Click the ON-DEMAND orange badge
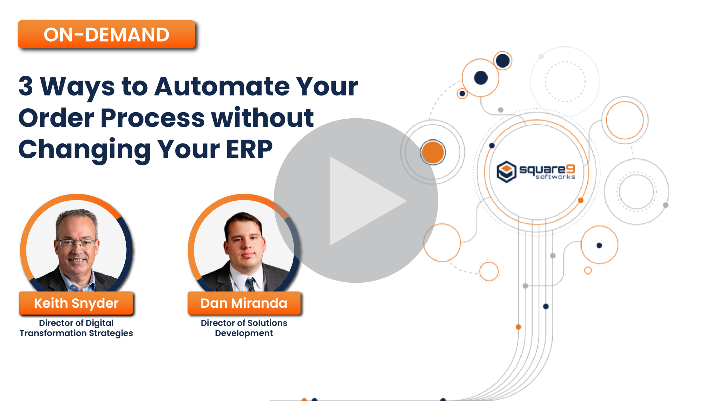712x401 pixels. click(106, 35)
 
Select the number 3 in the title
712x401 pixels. click(26, 86)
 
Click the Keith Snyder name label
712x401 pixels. click(76, 303)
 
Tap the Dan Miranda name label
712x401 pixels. click(244, 303)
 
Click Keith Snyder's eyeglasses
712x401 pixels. click(76, 244)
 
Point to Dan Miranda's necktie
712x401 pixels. click(250, 284)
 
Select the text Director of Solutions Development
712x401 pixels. click(244, 328)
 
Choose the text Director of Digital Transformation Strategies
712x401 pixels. click(76, 328)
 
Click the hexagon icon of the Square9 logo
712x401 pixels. click(506, 172)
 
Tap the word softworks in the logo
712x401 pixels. click(555, 177)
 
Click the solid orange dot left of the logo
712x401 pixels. click(433, 152)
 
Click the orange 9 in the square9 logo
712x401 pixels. click(571, 169)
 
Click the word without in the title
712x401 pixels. click(262, 118)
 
